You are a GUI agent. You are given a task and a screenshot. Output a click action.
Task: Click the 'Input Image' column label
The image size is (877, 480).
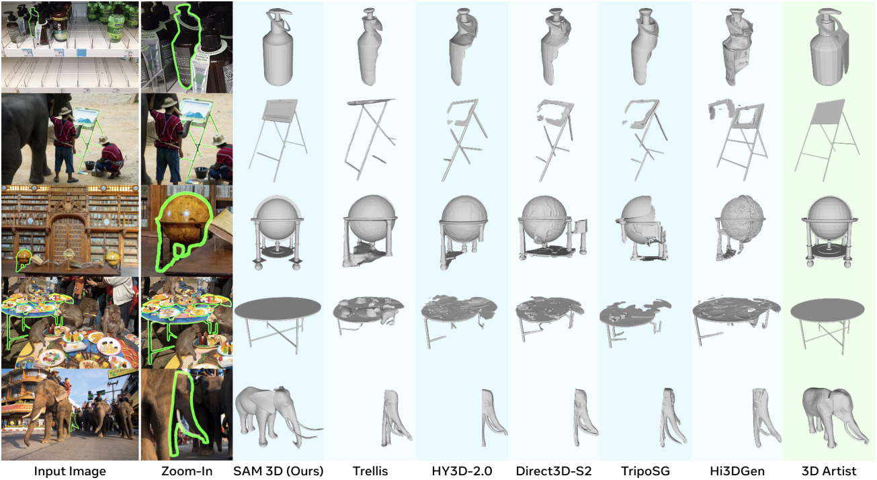[x=70, y=471]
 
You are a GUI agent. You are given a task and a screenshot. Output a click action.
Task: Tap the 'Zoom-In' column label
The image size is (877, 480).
[x=187, y=471]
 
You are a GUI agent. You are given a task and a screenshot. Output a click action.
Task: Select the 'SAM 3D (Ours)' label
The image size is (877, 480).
[x=278, y=471]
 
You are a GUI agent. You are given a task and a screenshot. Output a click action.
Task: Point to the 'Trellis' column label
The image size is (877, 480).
[x=370, y=471]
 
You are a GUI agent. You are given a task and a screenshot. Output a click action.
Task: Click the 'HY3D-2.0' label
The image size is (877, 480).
[x=462, y=471]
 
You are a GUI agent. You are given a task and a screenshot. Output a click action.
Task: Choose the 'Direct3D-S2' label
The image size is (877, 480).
[x=554, y=471]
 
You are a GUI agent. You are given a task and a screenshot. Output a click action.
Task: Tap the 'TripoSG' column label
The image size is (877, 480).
[x=645, y=471]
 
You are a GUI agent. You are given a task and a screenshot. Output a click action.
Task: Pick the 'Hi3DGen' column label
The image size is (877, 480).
[x=737, y=471]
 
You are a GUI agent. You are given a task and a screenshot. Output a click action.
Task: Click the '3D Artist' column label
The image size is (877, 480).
[x=829, y=471]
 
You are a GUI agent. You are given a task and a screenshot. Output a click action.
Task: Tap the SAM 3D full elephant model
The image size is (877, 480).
[x=278, y=415]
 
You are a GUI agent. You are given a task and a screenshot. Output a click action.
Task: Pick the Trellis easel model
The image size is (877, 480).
[x=370, y=137]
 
